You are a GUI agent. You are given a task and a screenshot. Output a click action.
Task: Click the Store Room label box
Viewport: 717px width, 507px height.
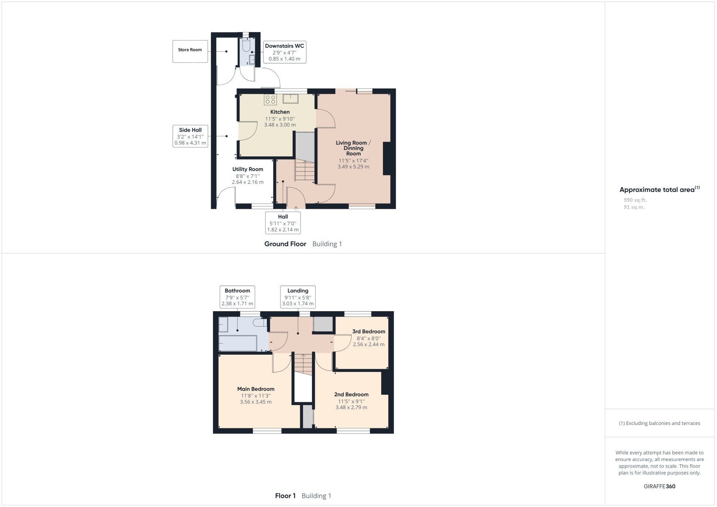click(x=190, y=51)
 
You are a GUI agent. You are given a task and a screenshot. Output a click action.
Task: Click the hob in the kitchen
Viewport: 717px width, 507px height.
click(x=270, y=100)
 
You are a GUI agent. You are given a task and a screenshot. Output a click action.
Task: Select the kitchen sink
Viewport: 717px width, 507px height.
click(x=291, y=99)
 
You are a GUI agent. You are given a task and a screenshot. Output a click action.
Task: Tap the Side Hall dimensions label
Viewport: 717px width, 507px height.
click(x=190, y=140)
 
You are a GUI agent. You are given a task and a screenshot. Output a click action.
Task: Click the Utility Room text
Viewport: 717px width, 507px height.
click(x=248, y=169)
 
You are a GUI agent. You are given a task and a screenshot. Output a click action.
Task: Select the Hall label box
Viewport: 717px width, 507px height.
click(x=283, y=223)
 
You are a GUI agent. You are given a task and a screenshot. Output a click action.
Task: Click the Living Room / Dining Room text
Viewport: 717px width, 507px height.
click(x=353, y=148)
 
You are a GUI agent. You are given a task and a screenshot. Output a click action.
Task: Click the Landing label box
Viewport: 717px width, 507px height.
click(x=298, y=297)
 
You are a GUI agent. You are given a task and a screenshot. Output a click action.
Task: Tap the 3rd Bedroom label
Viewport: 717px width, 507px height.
click(x=368, y=331)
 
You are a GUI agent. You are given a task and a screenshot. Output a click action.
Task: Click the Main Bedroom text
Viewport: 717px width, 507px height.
click(x=256, y=389)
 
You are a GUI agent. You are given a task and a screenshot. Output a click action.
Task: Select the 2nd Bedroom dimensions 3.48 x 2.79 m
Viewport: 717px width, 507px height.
click(x=351, y=407)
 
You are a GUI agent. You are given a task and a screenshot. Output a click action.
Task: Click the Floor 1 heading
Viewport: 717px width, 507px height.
click(x=285, y=496)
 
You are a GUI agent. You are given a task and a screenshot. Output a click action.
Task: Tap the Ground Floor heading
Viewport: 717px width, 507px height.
click(x=285, y=244)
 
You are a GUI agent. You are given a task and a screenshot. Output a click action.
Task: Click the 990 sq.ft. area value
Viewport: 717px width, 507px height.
click(x=635, y=200)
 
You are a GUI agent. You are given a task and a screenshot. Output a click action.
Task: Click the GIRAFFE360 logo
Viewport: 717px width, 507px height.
click(x=659, y=486)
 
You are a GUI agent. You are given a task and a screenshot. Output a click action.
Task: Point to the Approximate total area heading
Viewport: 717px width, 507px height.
click(x=657, y=190)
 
